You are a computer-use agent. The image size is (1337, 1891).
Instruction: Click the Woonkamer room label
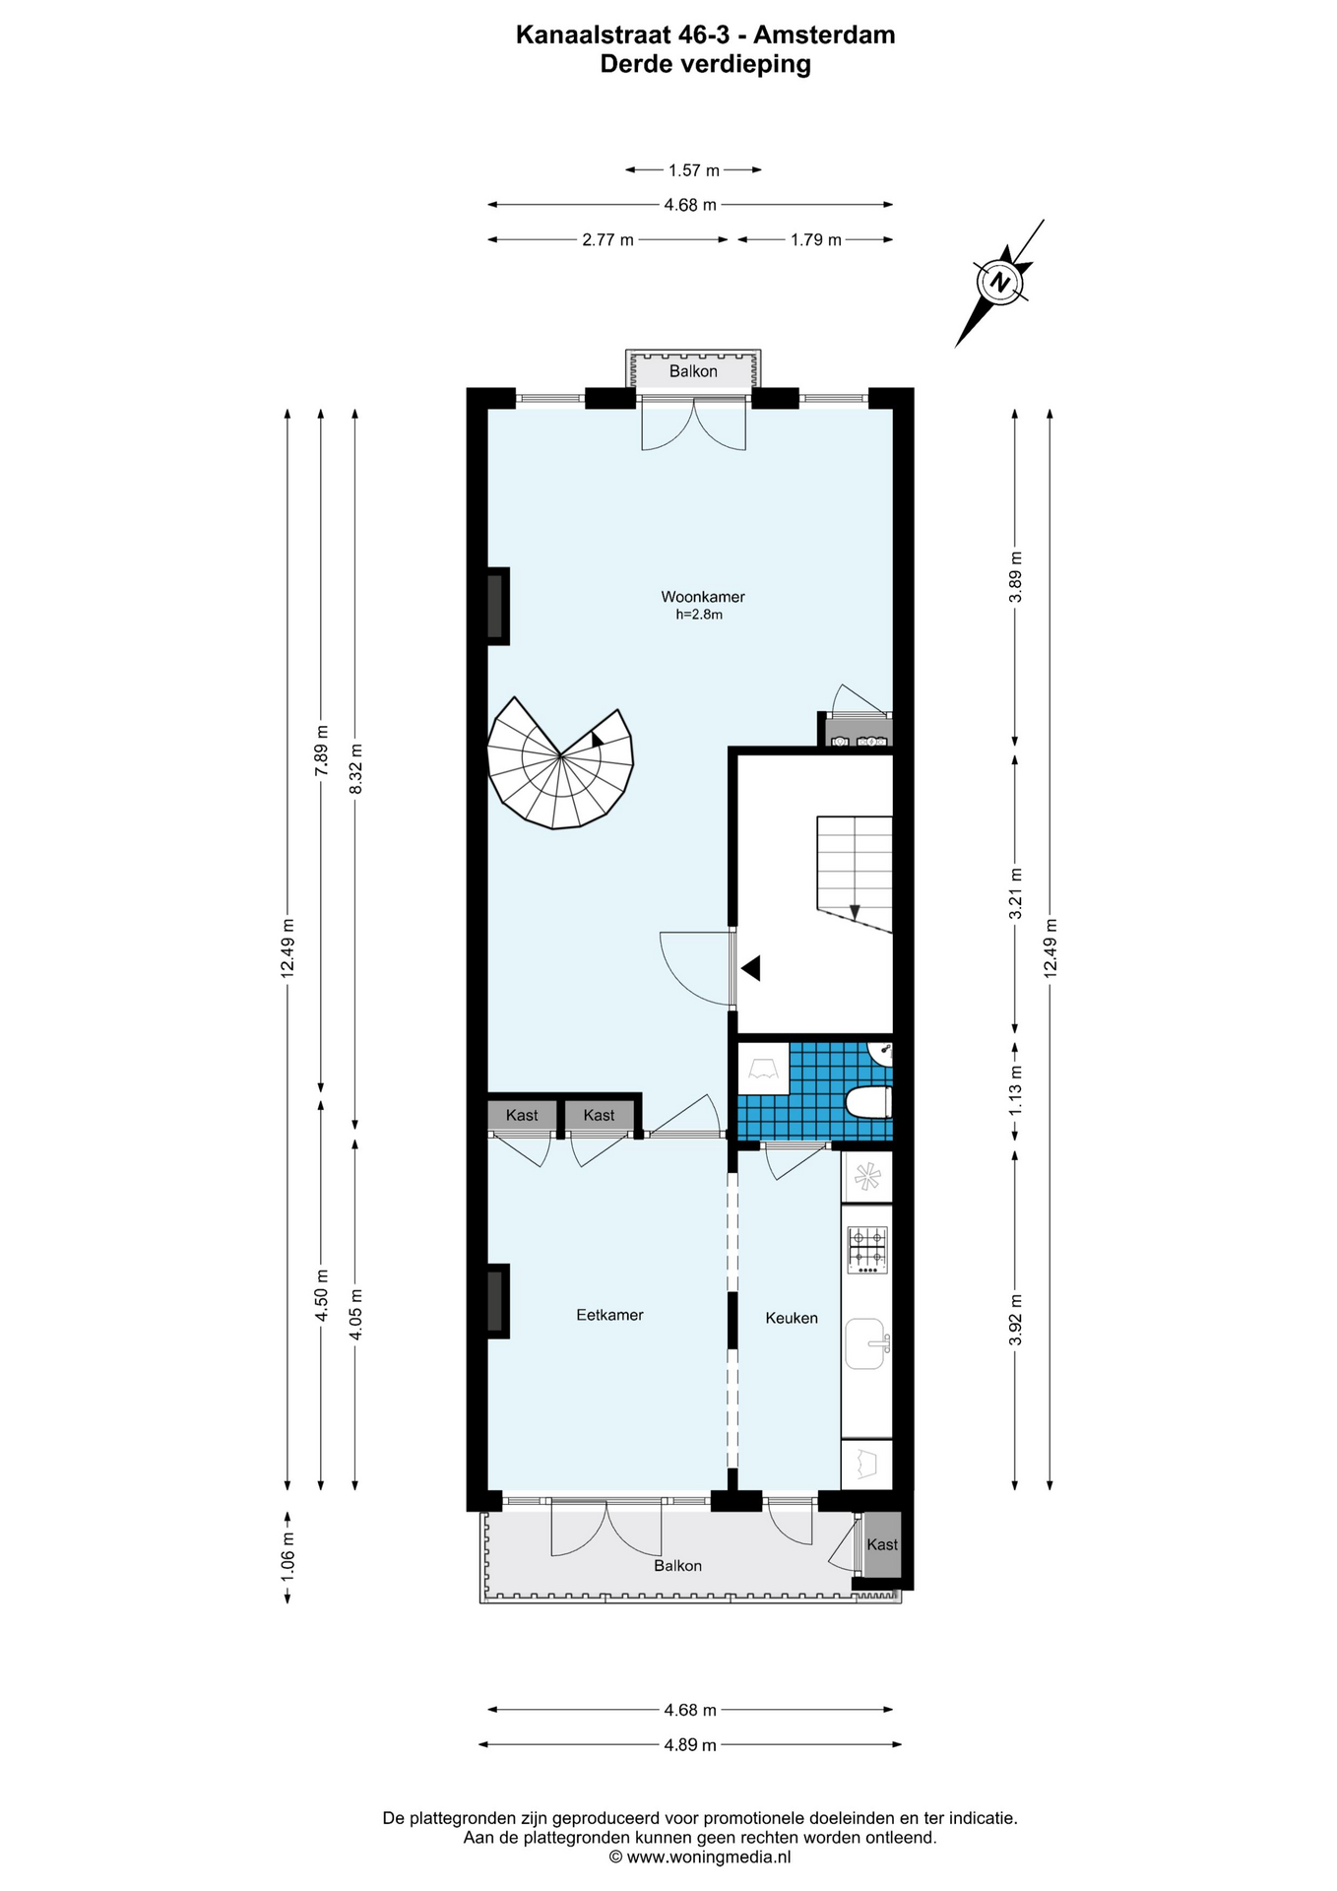(x=702, y=597)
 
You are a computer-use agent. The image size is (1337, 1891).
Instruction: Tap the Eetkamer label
(x=609, y=1315)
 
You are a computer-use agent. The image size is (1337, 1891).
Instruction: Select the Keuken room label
(x=792, y=1318)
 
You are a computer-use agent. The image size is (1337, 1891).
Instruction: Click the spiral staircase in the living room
(x=560, y=763)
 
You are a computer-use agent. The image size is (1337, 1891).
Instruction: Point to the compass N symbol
(x=1000, y=282)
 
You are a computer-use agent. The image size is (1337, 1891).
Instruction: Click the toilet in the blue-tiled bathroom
(x=868, y=1102)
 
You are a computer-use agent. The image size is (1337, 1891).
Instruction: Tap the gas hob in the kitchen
(x=867, y=1250)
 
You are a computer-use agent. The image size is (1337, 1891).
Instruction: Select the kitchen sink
(x=867, y=1343)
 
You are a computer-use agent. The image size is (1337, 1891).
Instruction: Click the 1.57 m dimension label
(x=694, y=170)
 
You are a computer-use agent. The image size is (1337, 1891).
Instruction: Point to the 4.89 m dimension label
(x=690, y=1744)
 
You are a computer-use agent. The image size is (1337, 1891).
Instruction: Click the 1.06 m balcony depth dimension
(x=287, y=1558)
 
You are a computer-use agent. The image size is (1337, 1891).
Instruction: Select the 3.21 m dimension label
(x=1015, y=893)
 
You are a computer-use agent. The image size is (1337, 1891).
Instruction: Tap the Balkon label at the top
(x=693, y=371)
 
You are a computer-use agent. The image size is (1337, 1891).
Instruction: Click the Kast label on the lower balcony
(x=882, y=1544)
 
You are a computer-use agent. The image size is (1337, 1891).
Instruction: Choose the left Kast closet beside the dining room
(x=522, y=1115)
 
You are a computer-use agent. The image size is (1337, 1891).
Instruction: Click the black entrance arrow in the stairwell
(x=751, y=968)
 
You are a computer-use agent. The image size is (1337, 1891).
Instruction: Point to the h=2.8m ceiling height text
(x=699, y=615)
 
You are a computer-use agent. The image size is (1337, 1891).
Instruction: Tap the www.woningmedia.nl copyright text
(x=699, y=1857)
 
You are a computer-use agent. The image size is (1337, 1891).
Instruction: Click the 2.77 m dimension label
(x=607, y=239)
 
